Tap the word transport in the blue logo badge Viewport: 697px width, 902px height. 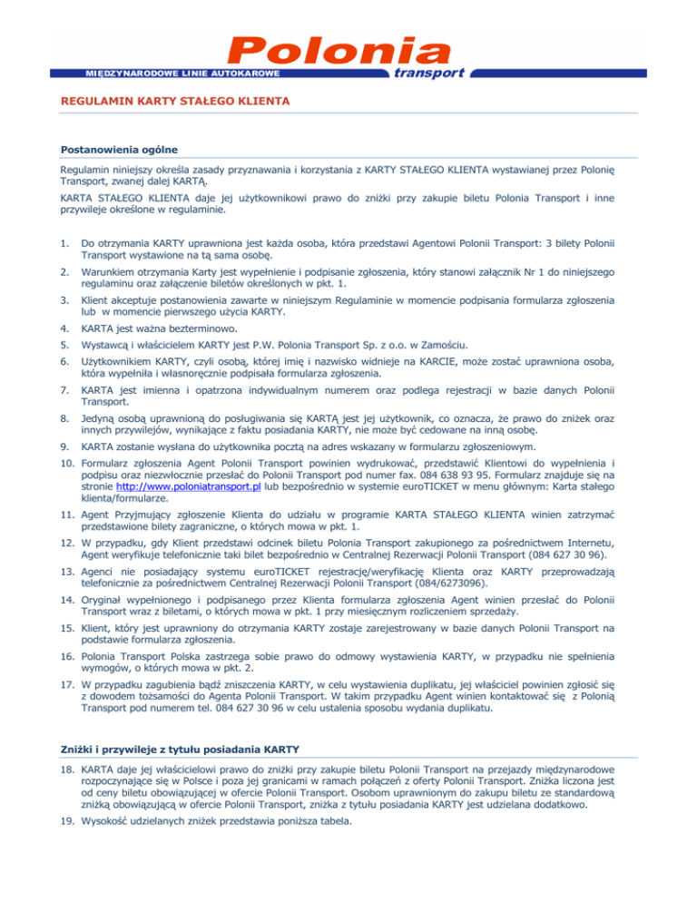click(x=428, y=73)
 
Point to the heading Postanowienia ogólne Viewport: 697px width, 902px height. click(x=118, y=149)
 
